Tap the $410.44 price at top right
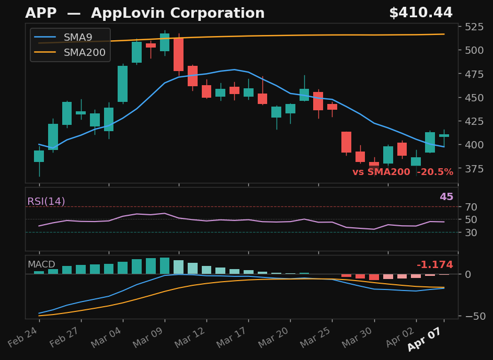pyautogui.click(x=420, y=14)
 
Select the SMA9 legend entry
pyautogui.click(x=77, y=38)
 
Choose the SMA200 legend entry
pyautogui.click(x=84, y=52)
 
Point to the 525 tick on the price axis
pyautogui.click(x=474, y=27)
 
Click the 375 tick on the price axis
pyautogui.click(x=474, y=169)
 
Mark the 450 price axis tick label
pyautogui.click(x=474, y=98)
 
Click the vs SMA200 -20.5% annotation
pyautogui.click(x=403, y=172)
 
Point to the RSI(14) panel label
pyautogui.click(x=46, y=202)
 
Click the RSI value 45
pyautogui.click(x=446, y=197)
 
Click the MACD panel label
pyautogui.click(x=41, y=265)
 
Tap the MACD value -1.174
pyautogui.click(x=434, y=265)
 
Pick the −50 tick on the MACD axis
pyautogui.click(x=472, y=316)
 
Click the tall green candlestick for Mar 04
pyautogui.click(x=122, y=84)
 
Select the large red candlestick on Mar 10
pyautogui.click(x=178, y=54)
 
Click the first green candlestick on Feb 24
pyautogui.click(x=39, y=156)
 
